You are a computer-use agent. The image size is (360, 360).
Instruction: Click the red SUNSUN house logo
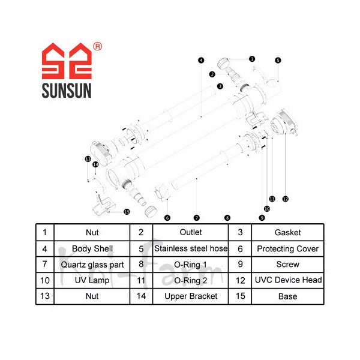click(66, 63)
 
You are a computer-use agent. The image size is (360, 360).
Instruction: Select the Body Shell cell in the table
click(92, 248)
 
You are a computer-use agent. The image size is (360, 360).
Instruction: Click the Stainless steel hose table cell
click(191, 248)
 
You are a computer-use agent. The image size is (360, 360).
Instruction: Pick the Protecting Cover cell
click(287, 248)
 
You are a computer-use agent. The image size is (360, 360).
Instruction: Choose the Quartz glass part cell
click(92, 264)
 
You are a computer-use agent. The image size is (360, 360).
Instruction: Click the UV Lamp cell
click(92, 280)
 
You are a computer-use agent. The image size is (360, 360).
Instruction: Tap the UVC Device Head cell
click(287, 280)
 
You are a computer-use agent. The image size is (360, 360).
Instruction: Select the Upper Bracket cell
click(191, 296)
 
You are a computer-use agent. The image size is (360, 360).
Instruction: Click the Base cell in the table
click(287, 296)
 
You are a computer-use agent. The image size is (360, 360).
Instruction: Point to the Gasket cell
click(287, 232)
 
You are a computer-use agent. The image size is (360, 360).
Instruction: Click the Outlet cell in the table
click(191, 232)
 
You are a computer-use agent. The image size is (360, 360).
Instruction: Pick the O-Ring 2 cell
click(191, 280)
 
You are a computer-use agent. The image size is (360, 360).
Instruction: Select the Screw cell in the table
click(287, 264)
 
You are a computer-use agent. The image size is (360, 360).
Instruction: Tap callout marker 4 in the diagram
click(201, 60)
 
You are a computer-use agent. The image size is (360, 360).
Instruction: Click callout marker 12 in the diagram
click(286, 199)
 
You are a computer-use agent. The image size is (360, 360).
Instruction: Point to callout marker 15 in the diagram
click(127, 211)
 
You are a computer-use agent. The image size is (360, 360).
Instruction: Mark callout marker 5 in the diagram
click(278, 60)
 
